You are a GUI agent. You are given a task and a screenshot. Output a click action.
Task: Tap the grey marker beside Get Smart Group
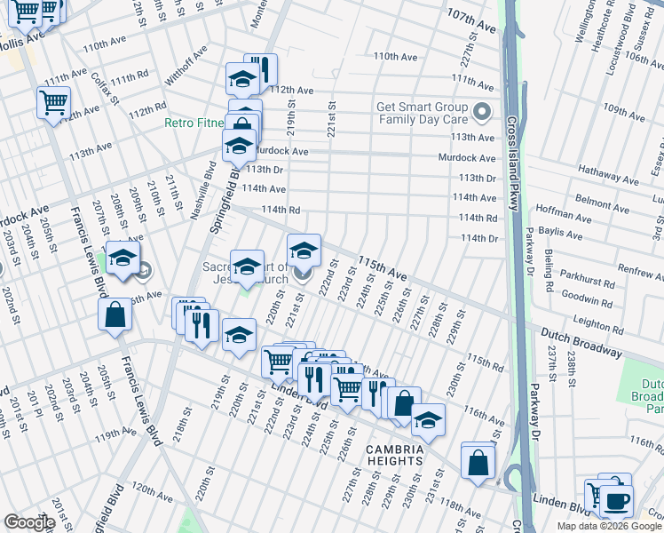point(482,113)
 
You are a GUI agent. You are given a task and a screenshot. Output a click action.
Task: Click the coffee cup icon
point(615,499)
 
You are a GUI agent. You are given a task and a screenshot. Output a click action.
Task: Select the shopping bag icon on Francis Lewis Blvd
point(115,315)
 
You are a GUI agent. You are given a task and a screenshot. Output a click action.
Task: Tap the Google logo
point(28,522)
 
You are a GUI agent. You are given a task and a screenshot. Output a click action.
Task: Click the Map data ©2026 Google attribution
point(609,526)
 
